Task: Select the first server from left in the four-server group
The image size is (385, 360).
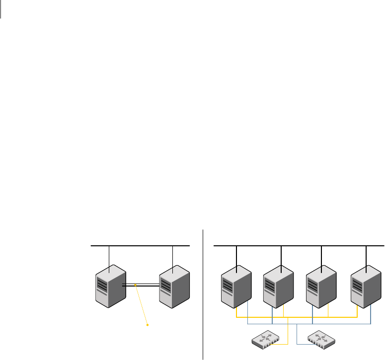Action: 235,287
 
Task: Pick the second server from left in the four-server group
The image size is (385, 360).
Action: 278,287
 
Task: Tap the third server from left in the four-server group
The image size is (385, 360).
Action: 321,287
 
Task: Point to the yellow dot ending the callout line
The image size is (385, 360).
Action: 147,325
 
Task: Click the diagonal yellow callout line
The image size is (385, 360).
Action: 141,305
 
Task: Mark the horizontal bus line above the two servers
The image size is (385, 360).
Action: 141,246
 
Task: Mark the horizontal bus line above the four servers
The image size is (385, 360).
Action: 298,245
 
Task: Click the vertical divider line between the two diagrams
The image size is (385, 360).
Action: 203,293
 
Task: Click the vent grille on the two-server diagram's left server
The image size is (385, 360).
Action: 101,285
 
